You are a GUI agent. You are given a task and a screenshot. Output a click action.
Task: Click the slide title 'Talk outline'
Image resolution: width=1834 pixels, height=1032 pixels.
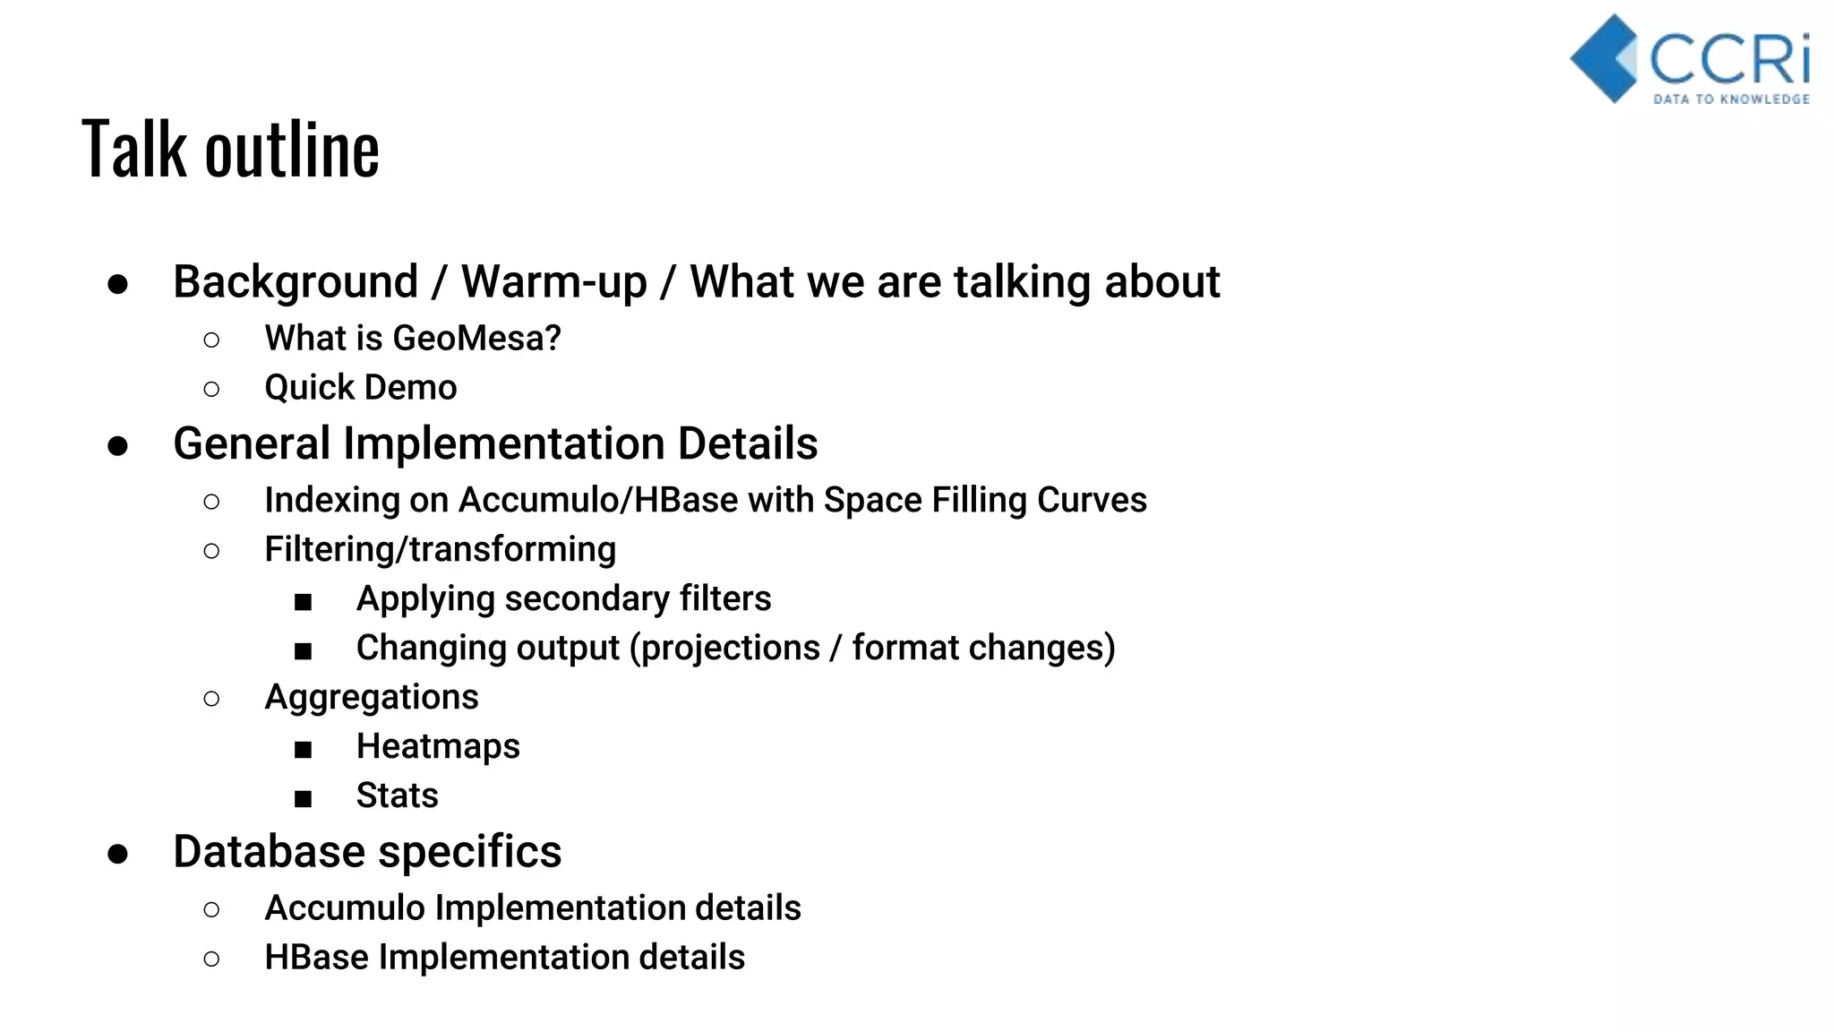[230, 149]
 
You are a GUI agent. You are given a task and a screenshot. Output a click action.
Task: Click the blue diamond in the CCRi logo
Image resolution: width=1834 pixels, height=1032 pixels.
[1606, 58]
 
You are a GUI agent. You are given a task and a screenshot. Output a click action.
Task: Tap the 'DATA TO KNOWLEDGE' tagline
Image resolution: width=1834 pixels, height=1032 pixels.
[1730, 99]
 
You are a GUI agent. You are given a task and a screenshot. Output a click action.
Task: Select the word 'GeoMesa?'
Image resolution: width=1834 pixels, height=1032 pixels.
[476, 339]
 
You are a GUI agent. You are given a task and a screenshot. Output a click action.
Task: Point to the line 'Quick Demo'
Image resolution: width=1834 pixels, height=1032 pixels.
[360, 388]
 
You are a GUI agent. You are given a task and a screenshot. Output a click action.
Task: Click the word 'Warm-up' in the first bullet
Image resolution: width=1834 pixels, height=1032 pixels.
[553, 282]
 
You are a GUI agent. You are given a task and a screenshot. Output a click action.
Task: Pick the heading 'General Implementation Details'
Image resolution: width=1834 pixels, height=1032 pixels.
[495, 443]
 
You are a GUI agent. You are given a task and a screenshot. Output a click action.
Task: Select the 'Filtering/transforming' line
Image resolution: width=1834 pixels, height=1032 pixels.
[440, 549]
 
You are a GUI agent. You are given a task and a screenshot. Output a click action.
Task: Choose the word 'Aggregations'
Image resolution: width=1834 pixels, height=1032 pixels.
[372, 697]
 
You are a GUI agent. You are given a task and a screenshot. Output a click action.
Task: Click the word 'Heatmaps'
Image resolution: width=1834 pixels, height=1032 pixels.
[438, 746]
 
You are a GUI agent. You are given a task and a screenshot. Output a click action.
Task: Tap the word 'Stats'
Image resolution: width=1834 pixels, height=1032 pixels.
[397, 795]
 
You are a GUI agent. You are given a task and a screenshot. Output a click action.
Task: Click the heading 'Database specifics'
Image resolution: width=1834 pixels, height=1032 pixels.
[367, 851]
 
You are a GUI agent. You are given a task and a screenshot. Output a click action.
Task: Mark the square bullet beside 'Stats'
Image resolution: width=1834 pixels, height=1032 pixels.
[304, 798]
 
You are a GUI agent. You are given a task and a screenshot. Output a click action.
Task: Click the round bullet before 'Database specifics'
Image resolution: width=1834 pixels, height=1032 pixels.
[117, 854]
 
